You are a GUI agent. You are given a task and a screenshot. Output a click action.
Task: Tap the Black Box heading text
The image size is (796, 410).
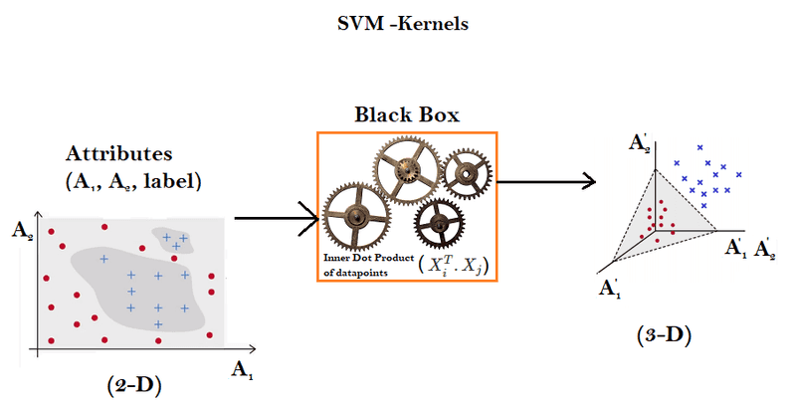[x=407, y=114]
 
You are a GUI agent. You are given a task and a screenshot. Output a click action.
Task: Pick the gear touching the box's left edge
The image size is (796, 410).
[x=354, y=216]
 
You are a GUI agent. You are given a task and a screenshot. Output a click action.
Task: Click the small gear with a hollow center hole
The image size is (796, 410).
[x=465, y=175]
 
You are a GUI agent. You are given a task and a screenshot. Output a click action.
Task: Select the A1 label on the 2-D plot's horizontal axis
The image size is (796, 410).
[x=242, y=370]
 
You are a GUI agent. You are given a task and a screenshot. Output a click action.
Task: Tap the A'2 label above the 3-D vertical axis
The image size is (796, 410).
[x=640, y=143]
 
